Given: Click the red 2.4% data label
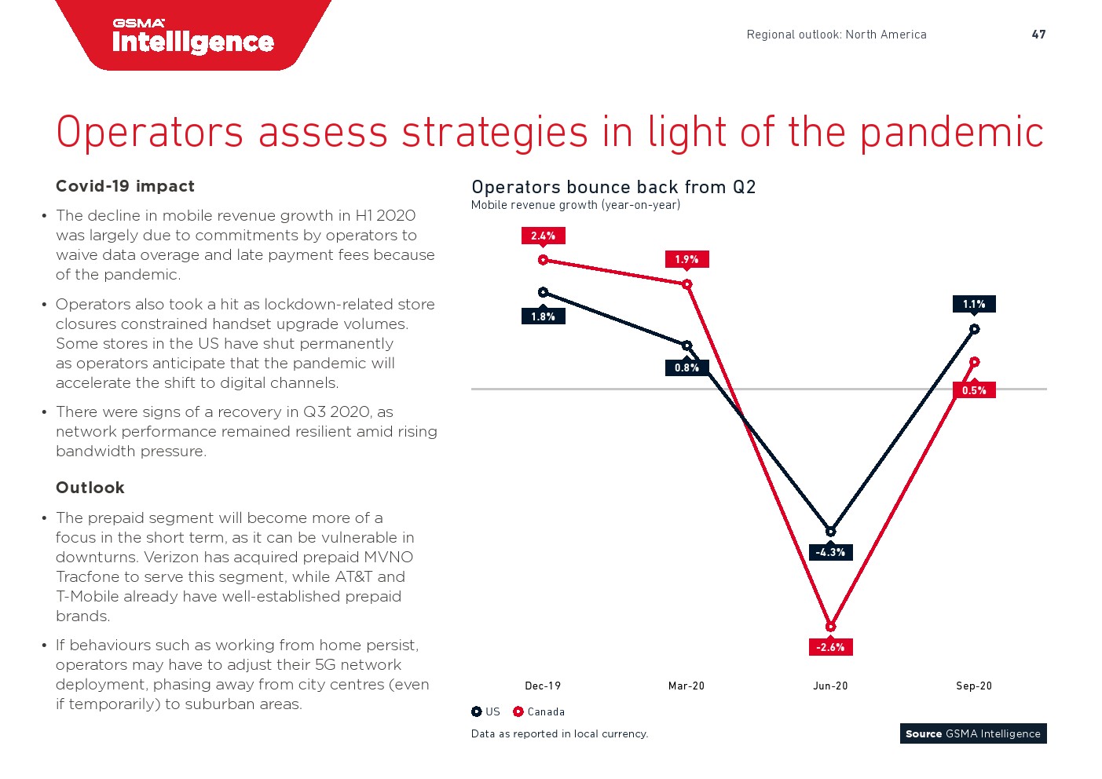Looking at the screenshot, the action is pyautogui.click(x=543, y=236).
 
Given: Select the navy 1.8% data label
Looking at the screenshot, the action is pyautogui.click(x=543, y=316).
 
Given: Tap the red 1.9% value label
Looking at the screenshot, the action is pyautogui.click(x=686, y=259).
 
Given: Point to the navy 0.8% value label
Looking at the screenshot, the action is pyautogui.click(x=686, y=368).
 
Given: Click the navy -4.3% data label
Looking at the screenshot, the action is pyautogui.click(x=830, y=552).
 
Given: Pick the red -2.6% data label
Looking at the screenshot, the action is pyautogui.click(x=830, y=647).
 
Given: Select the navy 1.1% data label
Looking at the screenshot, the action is pyautogui.click(x=974, y=304).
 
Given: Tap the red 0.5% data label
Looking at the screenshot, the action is pyautogui.click(x=974, y=390).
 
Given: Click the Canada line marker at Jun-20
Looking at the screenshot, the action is pyautogui.click(x=830, y=627).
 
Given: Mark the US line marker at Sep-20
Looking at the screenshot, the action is pyautogui.click(x=974, y=329).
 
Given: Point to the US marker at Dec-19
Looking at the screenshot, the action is pyautogui.click(x=543, y=292).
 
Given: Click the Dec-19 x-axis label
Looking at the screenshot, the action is pyautogui.click(x=543, y=686).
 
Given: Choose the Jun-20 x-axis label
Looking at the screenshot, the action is pyautogui.click(x=830, y=686).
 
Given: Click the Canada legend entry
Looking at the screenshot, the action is pyautogui.click(x=539, y=711).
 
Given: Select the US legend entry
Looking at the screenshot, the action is pyautogui.click(x=485, y=711).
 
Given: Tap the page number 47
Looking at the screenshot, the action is pyautogui.click(x=1038, y=35).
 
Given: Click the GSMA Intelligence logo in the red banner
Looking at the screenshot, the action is pyautogui.click(x=193, y=37).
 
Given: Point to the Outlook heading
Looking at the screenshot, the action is pyautogui.click(x=90, y=488).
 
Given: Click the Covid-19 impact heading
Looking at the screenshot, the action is pyautogui.click(x=125, y=186).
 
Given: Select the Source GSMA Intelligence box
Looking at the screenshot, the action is pyautogui.click(x=973, y=733).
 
